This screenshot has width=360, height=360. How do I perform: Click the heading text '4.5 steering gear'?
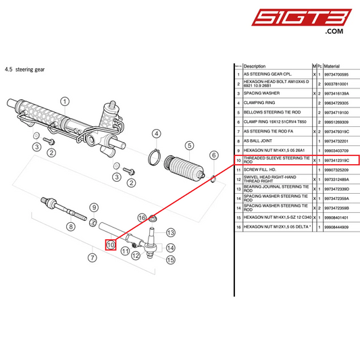click(x=25, y=69)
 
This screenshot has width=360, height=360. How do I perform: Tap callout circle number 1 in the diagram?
click(x=65, y=103)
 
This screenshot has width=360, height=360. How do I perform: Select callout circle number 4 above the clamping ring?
click(x=157, y=134)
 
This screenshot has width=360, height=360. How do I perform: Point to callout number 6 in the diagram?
click(x=213, y=155)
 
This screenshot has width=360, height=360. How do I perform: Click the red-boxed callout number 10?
click(x=111, y=245)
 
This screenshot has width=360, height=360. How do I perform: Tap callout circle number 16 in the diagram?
click(x=143, y=217)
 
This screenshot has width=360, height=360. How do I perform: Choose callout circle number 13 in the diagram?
click(x=171, y=232)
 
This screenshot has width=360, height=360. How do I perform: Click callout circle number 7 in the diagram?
click(x=93, y=257)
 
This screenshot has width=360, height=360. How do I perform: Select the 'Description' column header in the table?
click(x=255, y=66)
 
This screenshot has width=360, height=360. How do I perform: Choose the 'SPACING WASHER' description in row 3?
click(x=261, y=93)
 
